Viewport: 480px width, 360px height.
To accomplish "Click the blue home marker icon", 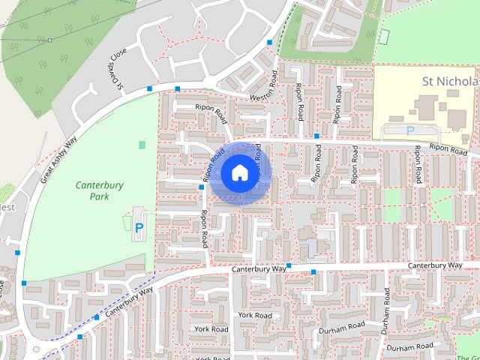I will [239, 172].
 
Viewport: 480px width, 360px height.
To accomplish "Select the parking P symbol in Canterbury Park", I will [139, 226].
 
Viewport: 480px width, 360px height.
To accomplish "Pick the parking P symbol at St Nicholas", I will [409, 130].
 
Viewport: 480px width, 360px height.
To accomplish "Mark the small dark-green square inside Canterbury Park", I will [142, 144].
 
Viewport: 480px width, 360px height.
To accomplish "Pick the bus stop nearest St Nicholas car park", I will [317, 136].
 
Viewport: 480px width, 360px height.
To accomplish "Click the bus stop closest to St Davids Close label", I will [150, 89].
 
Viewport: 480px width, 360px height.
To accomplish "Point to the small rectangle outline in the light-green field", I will [385, 35].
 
